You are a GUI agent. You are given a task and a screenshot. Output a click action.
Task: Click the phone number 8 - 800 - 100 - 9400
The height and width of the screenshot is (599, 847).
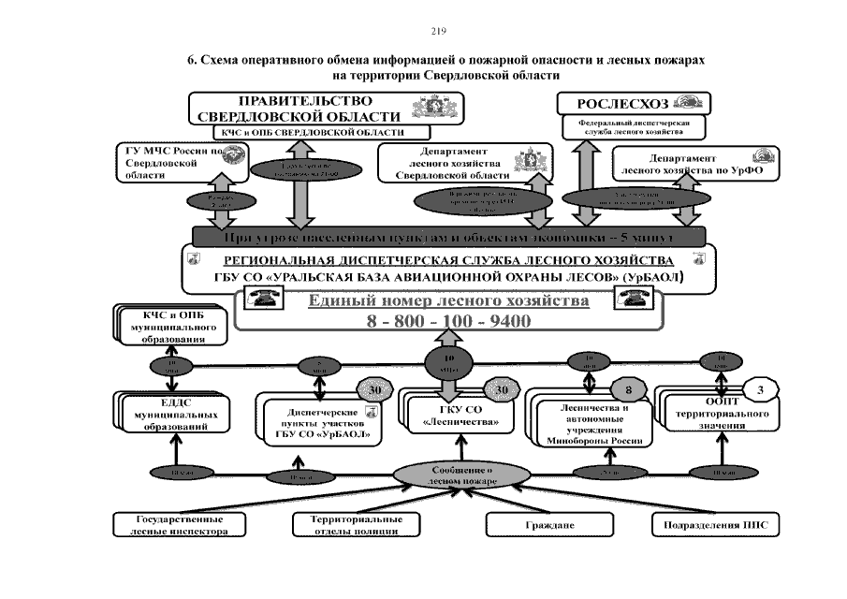point(447,321)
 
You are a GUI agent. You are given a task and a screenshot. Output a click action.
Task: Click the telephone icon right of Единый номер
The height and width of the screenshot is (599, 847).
point(627,299)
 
